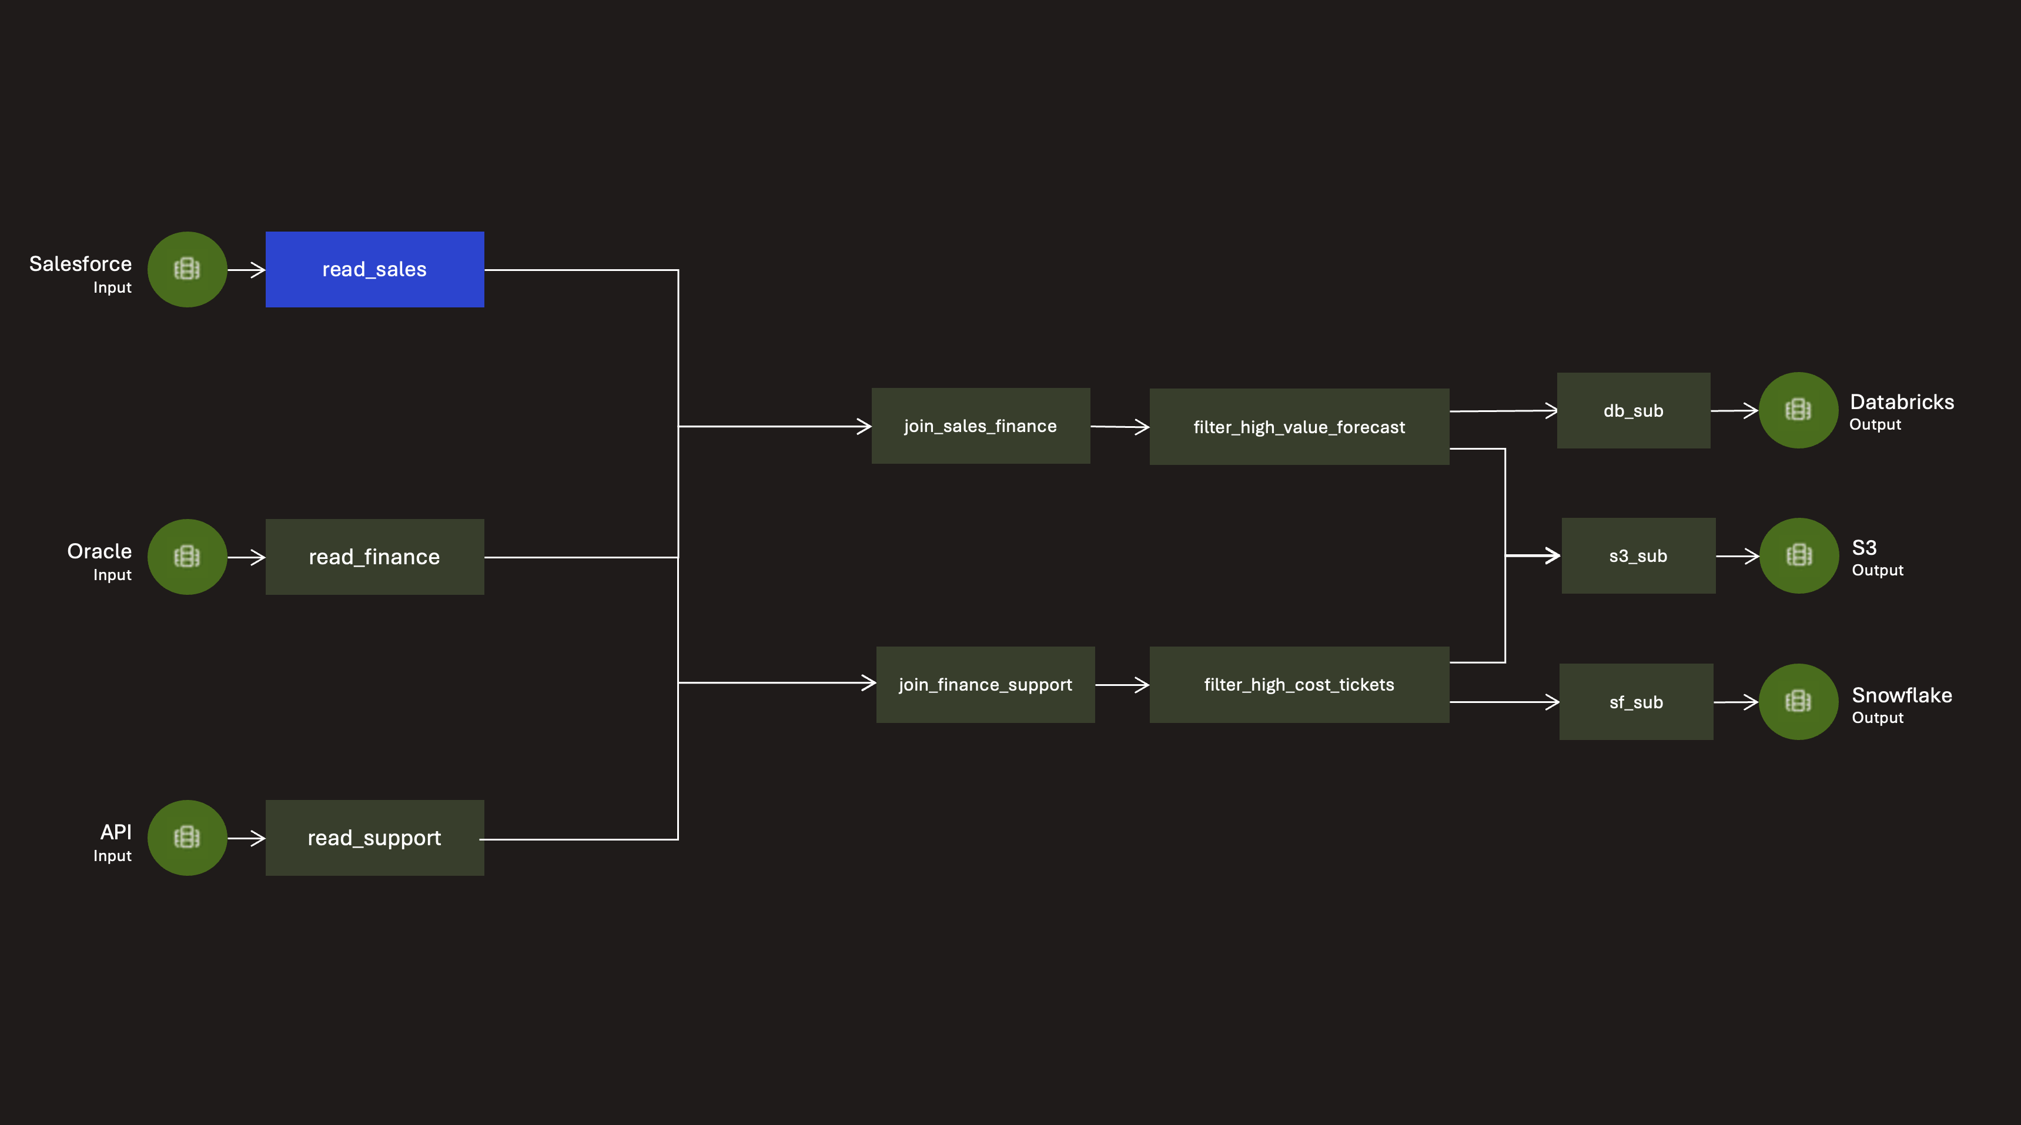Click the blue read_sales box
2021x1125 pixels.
pyautogui.click(x=374, y=269)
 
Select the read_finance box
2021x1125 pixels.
pyautogui.click(x=374, y=556)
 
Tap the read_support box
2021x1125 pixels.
pyautogui.click(x=374, y=838)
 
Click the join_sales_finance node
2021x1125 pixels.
pyautogui.click(x=981, y=426)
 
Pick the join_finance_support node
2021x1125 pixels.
pyautogui.click(x=985, y=684)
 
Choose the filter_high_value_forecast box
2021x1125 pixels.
pyautogui.click(x=1299, y=427)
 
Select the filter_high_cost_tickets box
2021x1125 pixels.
pyautogui.click(x=1299, y=684)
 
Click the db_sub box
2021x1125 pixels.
pyautogui.click(x=1634, y=410)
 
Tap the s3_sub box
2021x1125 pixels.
pyautogui.click(x=1638, y=555)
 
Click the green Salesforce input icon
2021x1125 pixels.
pyautogui.click(x=188, y=269)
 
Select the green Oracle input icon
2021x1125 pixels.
pyautogui.click(x=188, y=556)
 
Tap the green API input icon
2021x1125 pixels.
pyautogui.click(x=188, y=838)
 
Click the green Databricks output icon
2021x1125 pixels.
pyautogui.click(x=1798, y=410)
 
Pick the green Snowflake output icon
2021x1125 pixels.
pyautogui.click(x=1798, y=701)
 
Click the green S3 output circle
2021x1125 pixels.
pyautogui.click(x=1799, y=555)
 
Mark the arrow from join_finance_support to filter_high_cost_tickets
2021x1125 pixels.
pyautogui.click(x=1122, y=685)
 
